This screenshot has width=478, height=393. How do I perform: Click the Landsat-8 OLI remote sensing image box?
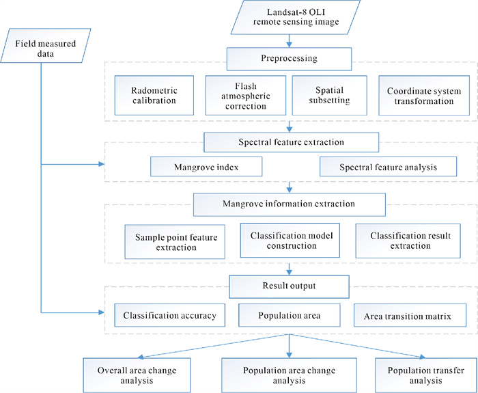(x=296, y=17)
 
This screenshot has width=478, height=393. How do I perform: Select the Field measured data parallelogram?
(x=46, y=46)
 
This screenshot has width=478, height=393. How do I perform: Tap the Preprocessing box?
(x=289, y=59)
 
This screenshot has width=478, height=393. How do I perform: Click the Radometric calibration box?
(x=154, y=96)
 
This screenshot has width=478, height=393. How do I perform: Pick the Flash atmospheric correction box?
(x=246, y=96)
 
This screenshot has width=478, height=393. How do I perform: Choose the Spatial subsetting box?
(x=330, y=96)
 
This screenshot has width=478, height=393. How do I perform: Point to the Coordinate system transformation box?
(x=424, y=96)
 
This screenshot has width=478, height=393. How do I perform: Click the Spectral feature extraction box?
(x=291, y=142)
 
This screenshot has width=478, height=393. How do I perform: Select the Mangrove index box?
(x=206, y=167)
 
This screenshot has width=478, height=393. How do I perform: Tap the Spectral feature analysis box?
(x=388, y=167)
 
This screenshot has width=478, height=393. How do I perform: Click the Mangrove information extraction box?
(x=290, y=204)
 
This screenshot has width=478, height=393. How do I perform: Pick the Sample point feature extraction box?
(x=175, y=242)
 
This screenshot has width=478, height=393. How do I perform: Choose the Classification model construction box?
(x=290, y=241)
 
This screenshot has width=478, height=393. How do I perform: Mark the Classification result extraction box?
(x=408, y=241)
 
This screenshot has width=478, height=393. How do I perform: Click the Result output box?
(x=289, y=287)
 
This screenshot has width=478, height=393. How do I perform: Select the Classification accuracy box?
(x=170, y=315)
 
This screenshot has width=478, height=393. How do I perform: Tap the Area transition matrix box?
(x=410, y=315)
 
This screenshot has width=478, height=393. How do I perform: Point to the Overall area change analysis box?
(x=137, y=375)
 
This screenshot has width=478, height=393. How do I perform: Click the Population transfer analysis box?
(x=426, y=375)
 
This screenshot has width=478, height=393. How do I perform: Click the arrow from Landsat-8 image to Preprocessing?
(x=289, y=41)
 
